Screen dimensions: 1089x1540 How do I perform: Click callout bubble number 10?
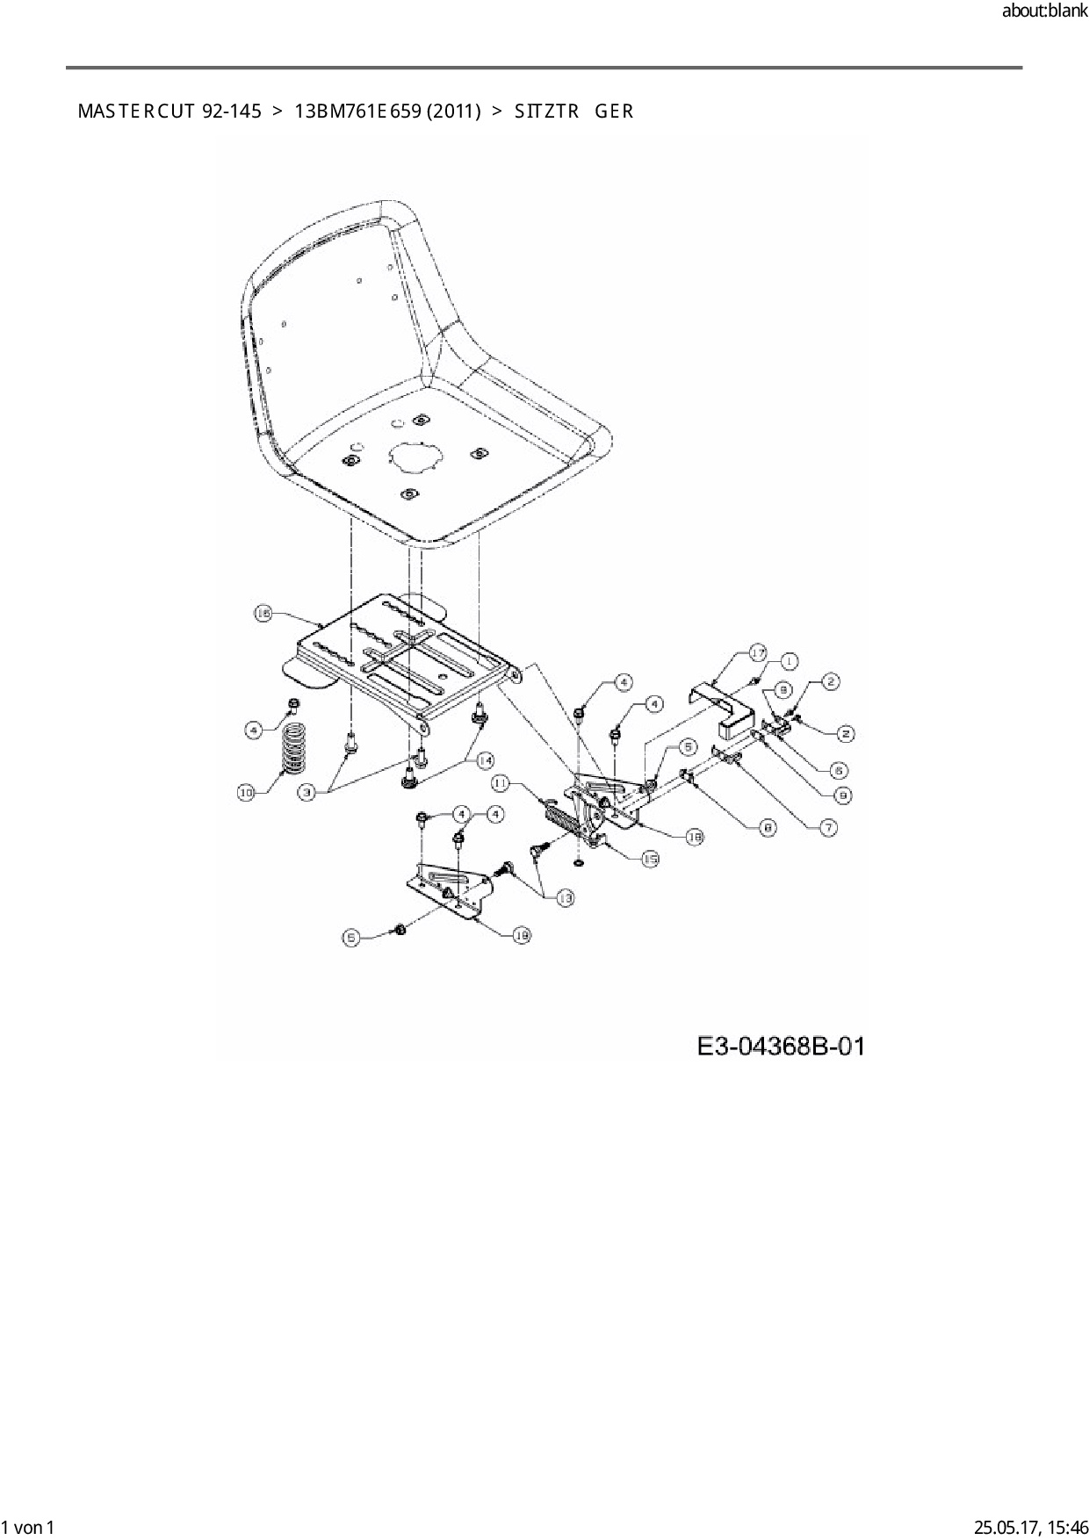click(x=246, y=793)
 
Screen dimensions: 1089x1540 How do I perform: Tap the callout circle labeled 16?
click(x=263, y=614)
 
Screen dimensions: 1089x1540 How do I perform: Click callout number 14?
click(x=484, y=759)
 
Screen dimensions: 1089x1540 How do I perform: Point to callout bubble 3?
click(x=307, y=793)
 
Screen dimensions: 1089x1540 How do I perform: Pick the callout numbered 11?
click(x=500, y=781)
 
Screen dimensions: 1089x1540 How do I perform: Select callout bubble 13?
click(x=564, y=897)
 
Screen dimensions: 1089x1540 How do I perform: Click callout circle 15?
click(x=650, y=860)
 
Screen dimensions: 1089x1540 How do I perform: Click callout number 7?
click(x=827, y=826)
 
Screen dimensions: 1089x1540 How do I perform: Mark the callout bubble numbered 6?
click(x=839, y=770)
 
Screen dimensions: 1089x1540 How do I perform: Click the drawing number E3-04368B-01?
click(x=780, y=1047)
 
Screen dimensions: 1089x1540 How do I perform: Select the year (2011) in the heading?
click(x=454, y=112)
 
